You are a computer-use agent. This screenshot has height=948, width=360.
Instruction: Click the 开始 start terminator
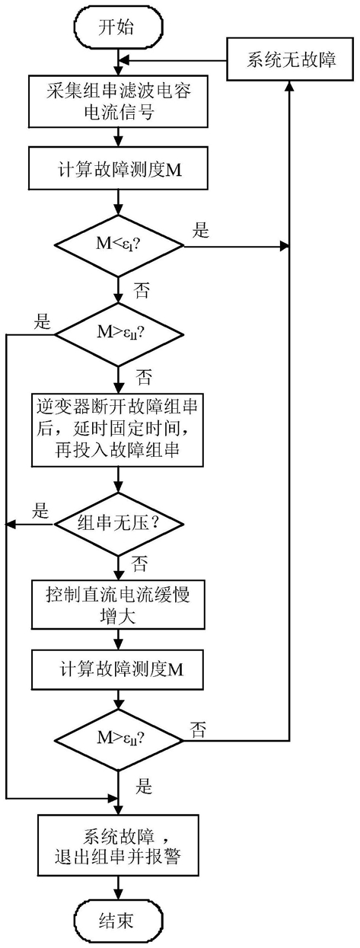(118, 28)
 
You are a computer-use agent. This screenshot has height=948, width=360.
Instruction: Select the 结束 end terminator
(118, 920)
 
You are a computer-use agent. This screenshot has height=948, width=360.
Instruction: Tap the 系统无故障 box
(290, 59)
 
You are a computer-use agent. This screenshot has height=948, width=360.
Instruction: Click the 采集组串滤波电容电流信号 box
(118, 101)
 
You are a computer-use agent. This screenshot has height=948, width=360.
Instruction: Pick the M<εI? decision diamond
(119, 246)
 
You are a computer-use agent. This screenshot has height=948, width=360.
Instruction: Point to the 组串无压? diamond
(119, 525)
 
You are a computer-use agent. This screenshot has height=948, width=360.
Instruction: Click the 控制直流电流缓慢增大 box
(118, 605)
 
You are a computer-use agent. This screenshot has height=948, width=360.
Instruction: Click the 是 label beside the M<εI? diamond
(201, 230)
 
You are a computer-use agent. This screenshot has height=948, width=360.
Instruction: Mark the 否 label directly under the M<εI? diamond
(142, 291)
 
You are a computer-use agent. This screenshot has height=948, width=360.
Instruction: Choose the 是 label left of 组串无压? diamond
(40, 511)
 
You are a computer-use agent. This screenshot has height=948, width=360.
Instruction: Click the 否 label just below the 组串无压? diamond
(139, 563)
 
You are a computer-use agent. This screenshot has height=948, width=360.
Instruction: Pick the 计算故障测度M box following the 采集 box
(118, 168)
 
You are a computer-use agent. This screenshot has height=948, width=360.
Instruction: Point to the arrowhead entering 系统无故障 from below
(289, 86)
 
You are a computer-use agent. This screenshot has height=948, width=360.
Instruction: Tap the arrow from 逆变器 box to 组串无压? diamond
(119, 480)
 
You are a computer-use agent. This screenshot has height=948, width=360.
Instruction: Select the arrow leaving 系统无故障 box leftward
(173, 60)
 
